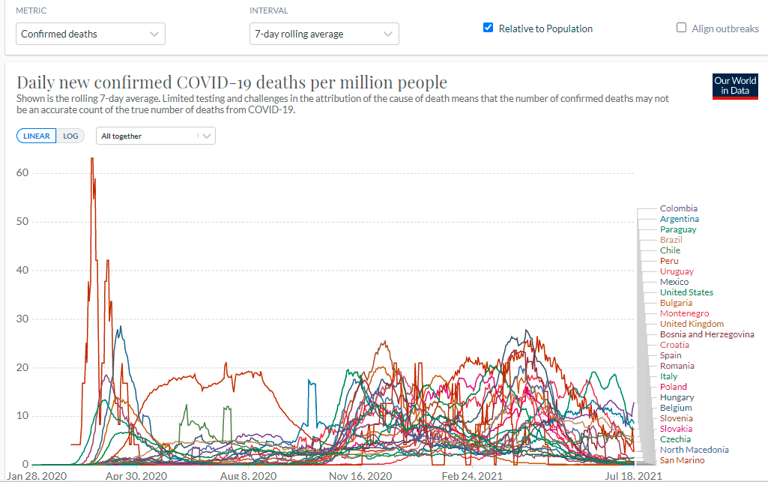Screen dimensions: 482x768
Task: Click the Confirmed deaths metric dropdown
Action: pyautogui.click(x=90, y=34)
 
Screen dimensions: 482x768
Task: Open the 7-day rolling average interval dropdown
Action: pyautogui.click(x=324, y=34)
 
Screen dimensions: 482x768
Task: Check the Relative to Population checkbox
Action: pyautogui.click(x=489, y=28)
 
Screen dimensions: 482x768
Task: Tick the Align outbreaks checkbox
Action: pyautogui.click(x=681, y=28)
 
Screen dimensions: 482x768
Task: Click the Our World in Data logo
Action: pyautogui.click(x=734, y=86)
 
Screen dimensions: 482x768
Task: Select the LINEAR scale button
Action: pyautogui.click(x=36, y=136)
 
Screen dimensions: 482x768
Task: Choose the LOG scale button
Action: pyautogui.click(x=70, y=136)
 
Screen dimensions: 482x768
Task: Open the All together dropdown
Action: pyautogui.click(x=156, y=136)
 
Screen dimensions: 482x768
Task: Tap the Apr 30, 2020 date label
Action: pyautogui.click(x=136, y=476)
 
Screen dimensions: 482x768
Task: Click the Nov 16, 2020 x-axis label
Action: pyautogui.click(x=361, y=476)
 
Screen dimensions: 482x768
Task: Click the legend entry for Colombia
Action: pyautogui.click(x=678, y=208)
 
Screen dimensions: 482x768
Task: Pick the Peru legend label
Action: pyautogui.click(x=669, y=261)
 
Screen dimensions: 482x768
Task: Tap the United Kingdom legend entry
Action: pyautogui.click(x=692, y=324)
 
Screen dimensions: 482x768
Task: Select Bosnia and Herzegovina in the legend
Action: pyautogui.click(x=707, y=334)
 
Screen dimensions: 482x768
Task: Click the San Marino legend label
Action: pyautogui.click(x=682, y=460)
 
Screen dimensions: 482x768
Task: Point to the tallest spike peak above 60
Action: pyautogui.click(x=92, y=158)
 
